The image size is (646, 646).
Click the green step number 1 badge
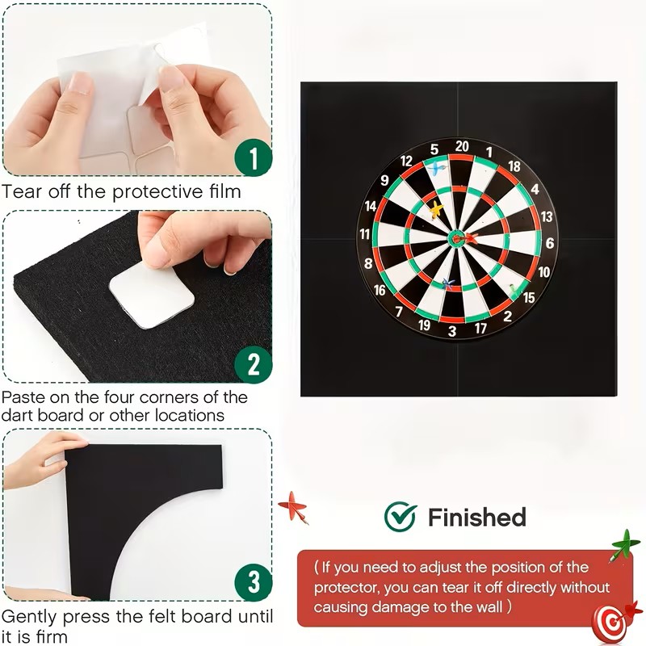coord(254,157)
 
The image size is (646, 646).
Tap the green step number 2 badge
coord(254,364)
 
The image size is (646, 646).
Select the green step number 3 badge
coord(254,582)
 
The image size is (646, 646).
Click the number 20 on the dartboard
coord(462,146)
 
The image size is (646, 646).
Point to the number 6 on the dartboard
coord(550,243)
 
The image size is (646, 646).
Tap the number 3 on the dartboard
coord(452,331)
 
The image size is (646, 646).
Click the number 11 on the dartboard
coord(365,234)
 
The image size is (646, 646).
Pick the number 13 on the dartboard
coord(547,216)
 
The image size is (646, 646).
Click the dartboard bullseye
coord(456,237)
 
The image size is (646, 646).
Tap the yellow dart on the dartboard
coord(436,211)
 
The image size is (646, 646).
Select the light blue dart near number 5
coord(436,168)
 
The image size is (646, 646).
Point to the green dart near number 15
coord(514,290)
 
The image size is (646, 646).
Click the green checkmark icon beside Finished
coord(400,516)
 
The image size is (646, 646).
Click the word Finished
coord(477,517)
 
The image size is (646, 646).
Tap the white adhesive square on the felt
coord(151,296)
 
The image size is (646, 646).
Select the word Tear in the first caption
coord(21,191)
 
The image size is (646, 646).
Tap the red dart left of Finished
coord(293,507)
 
